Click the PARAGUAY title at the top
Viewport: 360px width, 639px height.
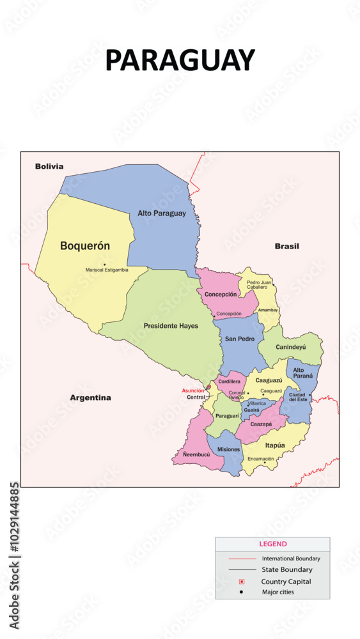(180, 60)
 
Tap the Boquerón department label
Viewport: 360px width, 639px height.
(85, 245)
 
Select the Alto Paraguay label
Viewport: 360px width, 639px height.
(162, 213)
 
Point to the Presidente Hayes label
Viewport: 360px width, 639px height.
(171, 326)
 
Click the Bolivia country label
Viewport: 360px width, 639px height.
(49, 166)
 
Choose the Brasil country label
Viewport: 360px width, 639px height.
(287, 246)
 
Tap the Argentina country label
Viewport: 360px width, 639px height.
(90, 397)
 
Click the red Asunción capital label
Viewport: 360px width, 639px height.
(193, 390)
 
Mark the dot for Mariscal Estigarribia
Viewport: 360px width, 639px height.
(104, 265)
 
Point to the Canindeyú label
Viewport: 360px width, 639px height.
(291, 347)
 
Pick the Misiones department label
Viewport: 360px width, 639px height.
(228, 450)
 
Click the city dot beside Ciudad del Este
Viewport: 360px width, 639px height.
(310, 395)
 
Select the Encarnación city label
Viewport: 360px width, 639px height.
(260, 459)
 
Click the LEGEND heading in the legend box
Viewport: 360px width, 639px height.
(272, 544)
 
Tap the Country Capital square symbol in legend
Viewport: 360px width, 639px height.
(242, 581)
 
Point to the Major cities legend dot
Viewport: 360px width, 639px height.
(242, 592)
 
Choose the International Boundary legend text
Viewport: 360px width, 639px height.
(291, 558)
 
